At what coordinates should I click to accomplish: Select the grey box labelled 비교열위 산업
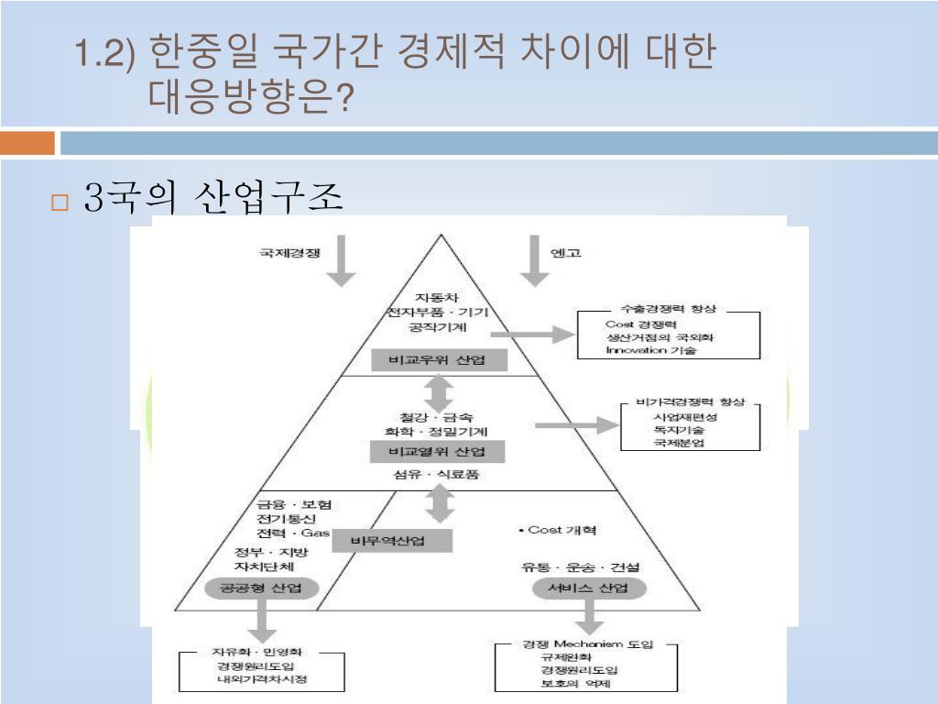point(437,451)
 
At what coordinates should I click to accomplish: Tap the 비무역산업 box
point(389,541)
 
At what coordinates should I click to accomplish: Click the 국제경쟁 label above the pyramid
point(290,253)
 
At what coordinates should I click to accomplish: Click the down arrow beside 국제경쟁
point(341,260)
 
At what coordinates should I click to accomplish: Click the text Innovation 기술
point(650,350)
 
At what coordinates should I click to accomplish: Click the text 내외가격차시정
point(262,679)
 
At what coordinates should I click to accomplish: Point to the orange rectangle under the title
point(27,143)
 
